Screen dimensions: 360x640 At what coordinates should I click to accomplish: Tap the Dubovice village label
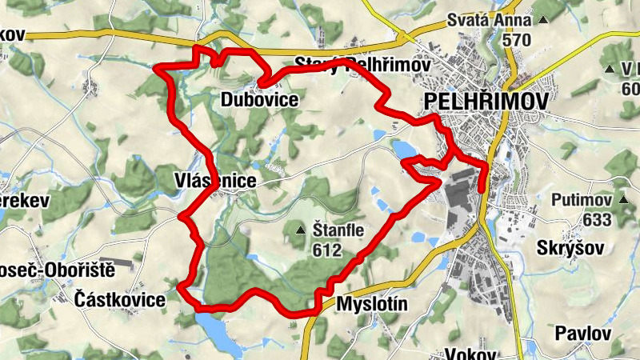(260, 100)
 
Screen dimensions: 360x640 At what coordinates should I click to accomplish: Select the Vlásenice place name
(215, 182)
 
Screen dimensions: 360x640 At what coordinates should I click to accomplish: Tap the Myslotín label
(373, 304)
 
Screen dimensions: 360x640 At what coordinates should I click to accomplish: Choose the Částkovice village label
(119, 300)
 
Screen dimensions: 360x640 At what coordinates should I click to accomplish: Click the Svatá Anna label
(513, 20)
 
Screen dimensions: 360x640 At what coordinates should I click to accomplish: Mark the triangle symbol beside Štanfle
(301, 231)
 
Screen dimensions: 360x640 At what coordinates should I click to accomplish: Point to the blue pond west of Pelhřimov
(405, 150)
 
